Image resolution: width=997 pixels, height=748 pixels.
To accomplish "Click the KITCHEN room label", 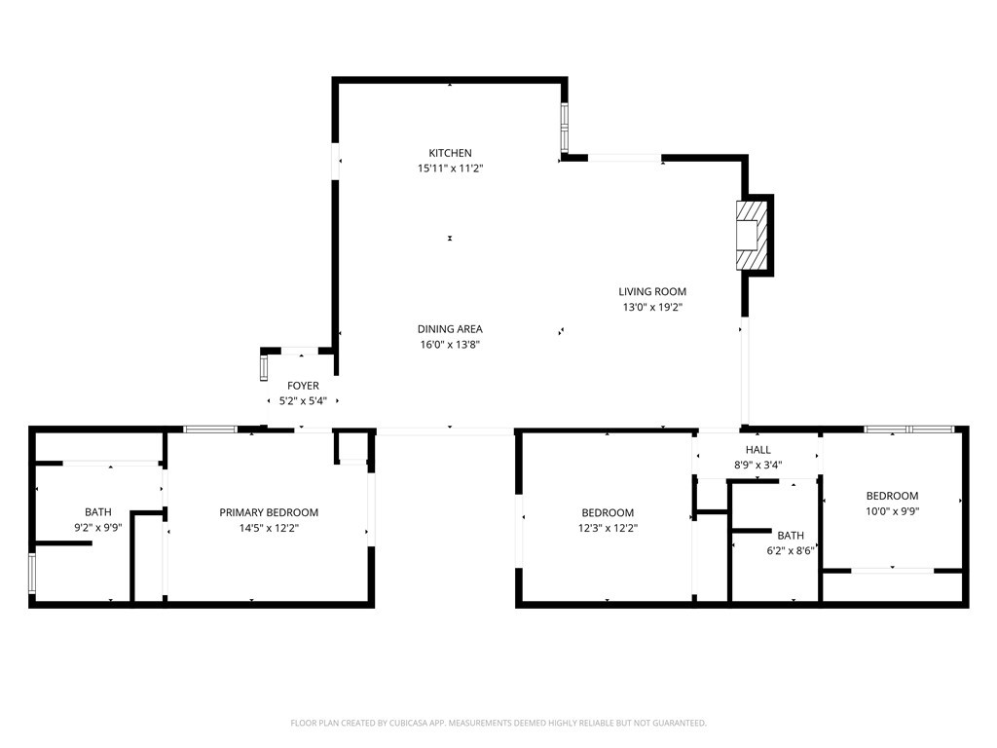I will (x=450, y=153).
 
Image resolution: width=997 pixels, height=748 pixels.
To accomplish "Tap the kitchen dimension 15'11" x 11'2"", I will (x=450, y=168).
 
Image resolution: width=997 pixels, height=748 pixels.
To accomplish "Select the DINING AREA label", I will (x=450, y=329).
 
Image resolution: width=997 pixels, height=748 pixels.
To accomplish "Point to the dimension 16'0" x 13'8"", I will (x=450, y=345).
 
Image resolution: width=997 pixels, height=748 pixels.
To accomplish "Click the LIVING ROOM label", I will (x=652, y=291).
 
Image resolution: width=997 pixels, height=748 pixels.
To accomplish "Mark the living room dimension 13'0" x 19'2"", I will (x=652, y=307).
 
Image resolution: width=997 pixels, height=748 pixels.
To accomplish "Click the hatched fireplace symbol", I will (x=752, y=236).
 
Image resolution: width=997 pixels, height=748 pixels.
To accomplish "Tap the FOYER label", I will (x=303, y=386).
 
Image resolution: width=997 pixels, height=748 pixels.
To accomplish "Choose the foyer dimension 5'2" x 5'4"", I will (x=303, y=401).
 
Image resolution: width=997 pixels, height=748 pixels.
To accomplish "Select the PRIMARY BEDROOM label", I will (x=269, y=512).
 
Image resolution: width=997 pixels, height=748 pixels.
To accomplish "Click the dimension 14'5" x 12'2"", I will (x=269, y=528).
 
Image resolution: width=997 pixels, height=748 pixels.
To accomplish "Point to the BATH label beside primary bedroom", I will (x=98, y=512).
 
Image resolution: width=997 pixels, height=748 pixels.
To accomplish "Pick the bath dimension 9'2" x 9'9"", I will (x=98, y=528).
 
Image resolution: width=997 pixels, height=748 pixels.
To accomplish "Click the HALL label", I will (x=757, y=450).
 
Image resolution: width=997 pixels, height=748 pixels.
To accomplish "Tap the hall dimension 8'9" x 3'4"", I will (x=757, y=465).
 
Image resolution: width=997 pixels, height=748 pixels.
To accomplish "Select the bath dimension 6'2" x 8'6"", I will (x=790, y=550).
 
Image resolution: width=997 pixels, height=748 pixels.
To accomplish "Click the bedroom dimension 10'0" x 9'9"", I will (x=892, y=510).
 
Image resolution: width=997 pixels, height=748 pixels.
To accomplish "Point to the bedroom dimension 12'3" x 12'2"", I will (x=608, y=528).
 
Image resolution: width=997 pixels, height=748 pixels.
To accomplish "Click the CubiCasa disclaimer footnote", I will (x=498, y=723).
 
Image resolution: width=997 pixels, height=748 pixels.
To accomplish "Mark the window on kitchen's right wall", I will (x=564, y=129).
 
